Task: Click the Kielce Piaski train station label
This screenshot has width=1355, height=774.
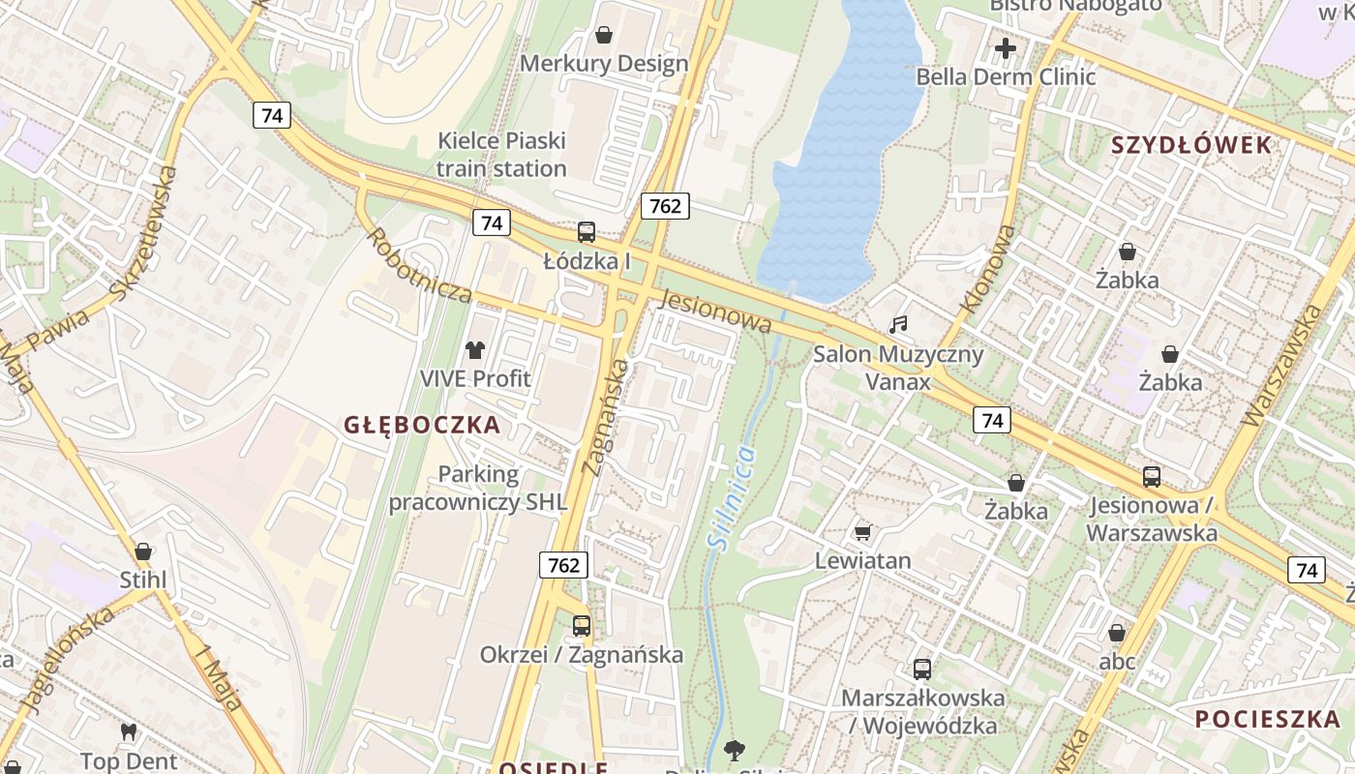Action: point(501,155)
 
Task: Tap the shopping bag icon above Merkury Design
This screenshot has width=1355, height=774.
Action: point(604,36)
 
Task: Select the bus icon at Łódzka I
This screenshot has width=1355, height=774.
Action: point(587,232)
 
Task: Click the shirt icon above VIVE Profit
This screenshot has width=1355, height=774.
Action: point(474,350)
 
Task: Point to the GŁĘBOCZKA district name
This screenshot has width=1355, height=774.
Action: point(422,425)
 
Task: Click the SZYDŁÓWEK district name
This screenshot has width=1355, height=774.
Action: point(1190,145)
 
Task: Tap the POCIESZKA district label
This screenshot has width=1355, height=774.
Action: point(1267,719)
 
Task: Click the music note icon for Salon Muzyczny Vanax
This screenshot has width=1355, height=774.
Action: point(898,325)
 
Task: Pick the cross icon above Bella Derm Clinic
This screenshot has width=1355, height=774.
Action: point(1006,47)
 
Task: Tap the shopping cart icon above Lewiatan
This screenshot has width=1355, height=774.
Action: point(863,531)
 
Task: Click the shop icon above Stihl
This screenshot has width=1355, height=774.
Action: point(143,551)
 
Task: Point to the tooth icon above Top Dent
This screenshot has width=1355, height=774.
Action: point(128,732)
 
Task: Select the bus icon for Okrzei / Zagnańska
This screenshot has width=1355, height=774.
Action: point(581,626)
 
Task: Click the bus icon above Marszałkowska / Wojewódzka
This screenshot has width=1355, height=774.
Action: point(922,669)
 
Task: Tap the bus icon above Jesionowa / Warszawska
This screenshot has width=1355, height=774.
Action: point(1152,476)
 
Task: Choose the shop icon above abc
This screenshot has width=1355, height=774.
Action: point(1117,633)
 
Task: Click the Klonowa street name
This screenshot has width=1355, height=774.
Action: point(989,270)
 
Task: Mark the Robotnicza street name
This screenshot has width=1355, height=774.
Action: point(418,266)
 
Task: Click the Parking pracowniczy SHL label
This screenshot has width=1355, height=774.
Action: point(478,489)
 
